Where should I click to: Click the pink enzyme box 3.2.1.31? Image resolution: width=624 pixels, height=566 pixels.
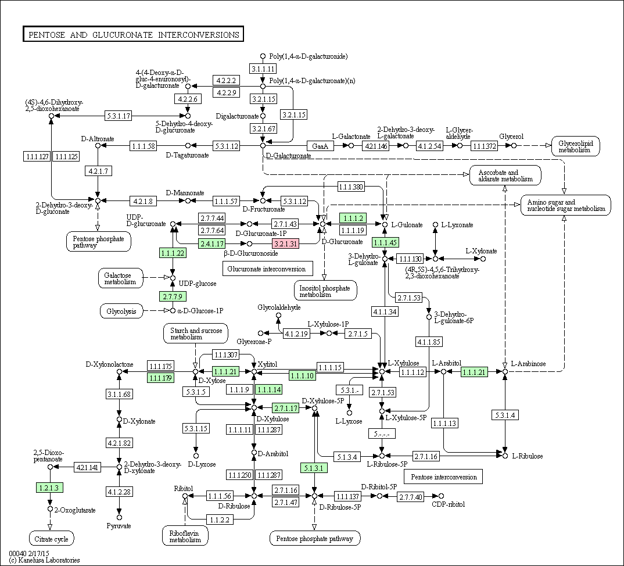click(286, 243)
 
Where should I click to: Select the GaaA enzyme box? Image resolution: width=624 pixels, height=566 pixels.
click(320, 146)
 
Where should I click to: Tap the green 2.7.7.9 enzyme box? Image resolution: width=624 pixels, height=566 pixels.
click(173, 296)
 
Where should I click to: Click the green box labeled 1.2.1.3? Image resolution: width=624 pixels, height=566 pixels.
click(49, 487)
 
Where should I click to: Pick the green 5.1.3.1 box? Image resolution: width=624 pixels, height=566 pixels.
click(314, 468)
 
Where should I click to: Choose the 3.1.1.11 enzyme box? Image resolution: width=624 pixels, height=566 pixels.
click(263, 69)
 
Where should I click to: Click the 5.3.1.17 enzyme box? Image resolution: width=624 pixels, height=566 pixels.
click(119, 116)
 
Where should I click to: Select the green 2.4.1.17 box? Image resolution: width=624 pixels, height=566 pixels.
click(212, 243)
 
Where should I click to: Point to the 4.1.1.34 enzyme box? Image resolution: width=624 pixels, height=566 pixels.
click(385, 311)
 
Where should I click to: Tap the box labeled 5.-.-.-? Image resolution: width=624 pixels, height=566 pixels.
click(382, 434)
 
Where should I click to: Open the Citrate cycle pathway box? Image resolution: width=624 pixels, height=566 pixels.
click(51, 539)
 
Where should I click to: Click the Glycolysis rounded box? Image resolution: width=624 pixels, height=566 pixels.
click(121, 311)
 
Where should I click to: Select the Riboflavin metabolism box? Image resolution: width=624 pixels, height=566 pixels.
click(185, 536)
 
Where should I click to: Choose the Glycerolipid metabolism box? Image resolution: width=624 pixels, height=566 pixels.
click(575, 146)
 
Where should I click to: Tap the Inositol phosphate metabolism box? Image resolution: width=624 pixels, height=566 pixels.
click(325, 291)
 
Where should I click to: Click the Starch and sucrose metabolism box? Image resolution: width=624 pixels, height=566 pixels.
click(196, 334)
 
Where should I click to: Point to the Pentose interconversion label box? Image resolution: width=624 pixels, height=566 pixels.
click(443, 477)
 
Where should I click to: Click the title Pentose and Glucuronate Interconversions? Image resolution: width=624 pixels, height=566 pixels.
click(133, 35)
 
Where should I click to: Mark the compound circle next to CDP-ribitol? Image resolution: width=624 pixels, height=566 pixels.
click(441, 496)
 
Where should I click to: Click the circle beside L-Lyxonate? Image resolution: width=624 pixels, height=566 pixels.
click(435, 225)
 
